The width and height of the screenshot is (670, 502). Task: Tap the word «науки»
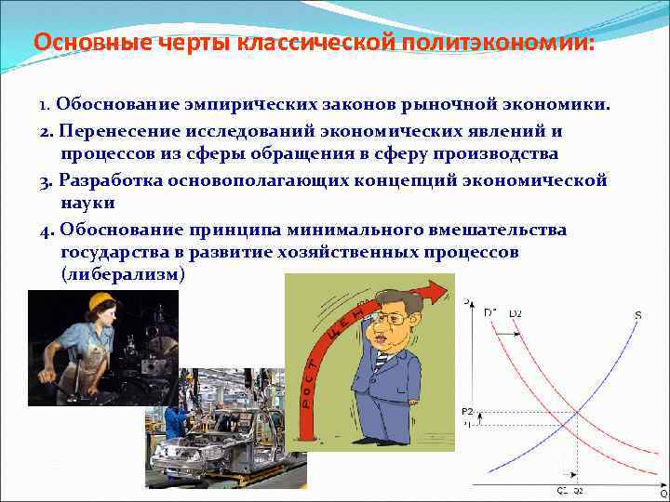(x=88, y=202)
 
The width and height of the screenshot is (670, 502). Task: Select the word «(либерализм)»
(x=123, y=275)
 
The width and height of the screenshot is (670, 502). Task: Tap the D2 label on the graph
(x=515, y=313)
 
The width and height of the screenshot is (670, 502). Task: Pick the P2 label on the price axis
(x=466, y=410)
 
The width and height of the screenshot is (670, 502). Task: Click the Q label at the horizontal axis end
(x=663, y=494)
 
